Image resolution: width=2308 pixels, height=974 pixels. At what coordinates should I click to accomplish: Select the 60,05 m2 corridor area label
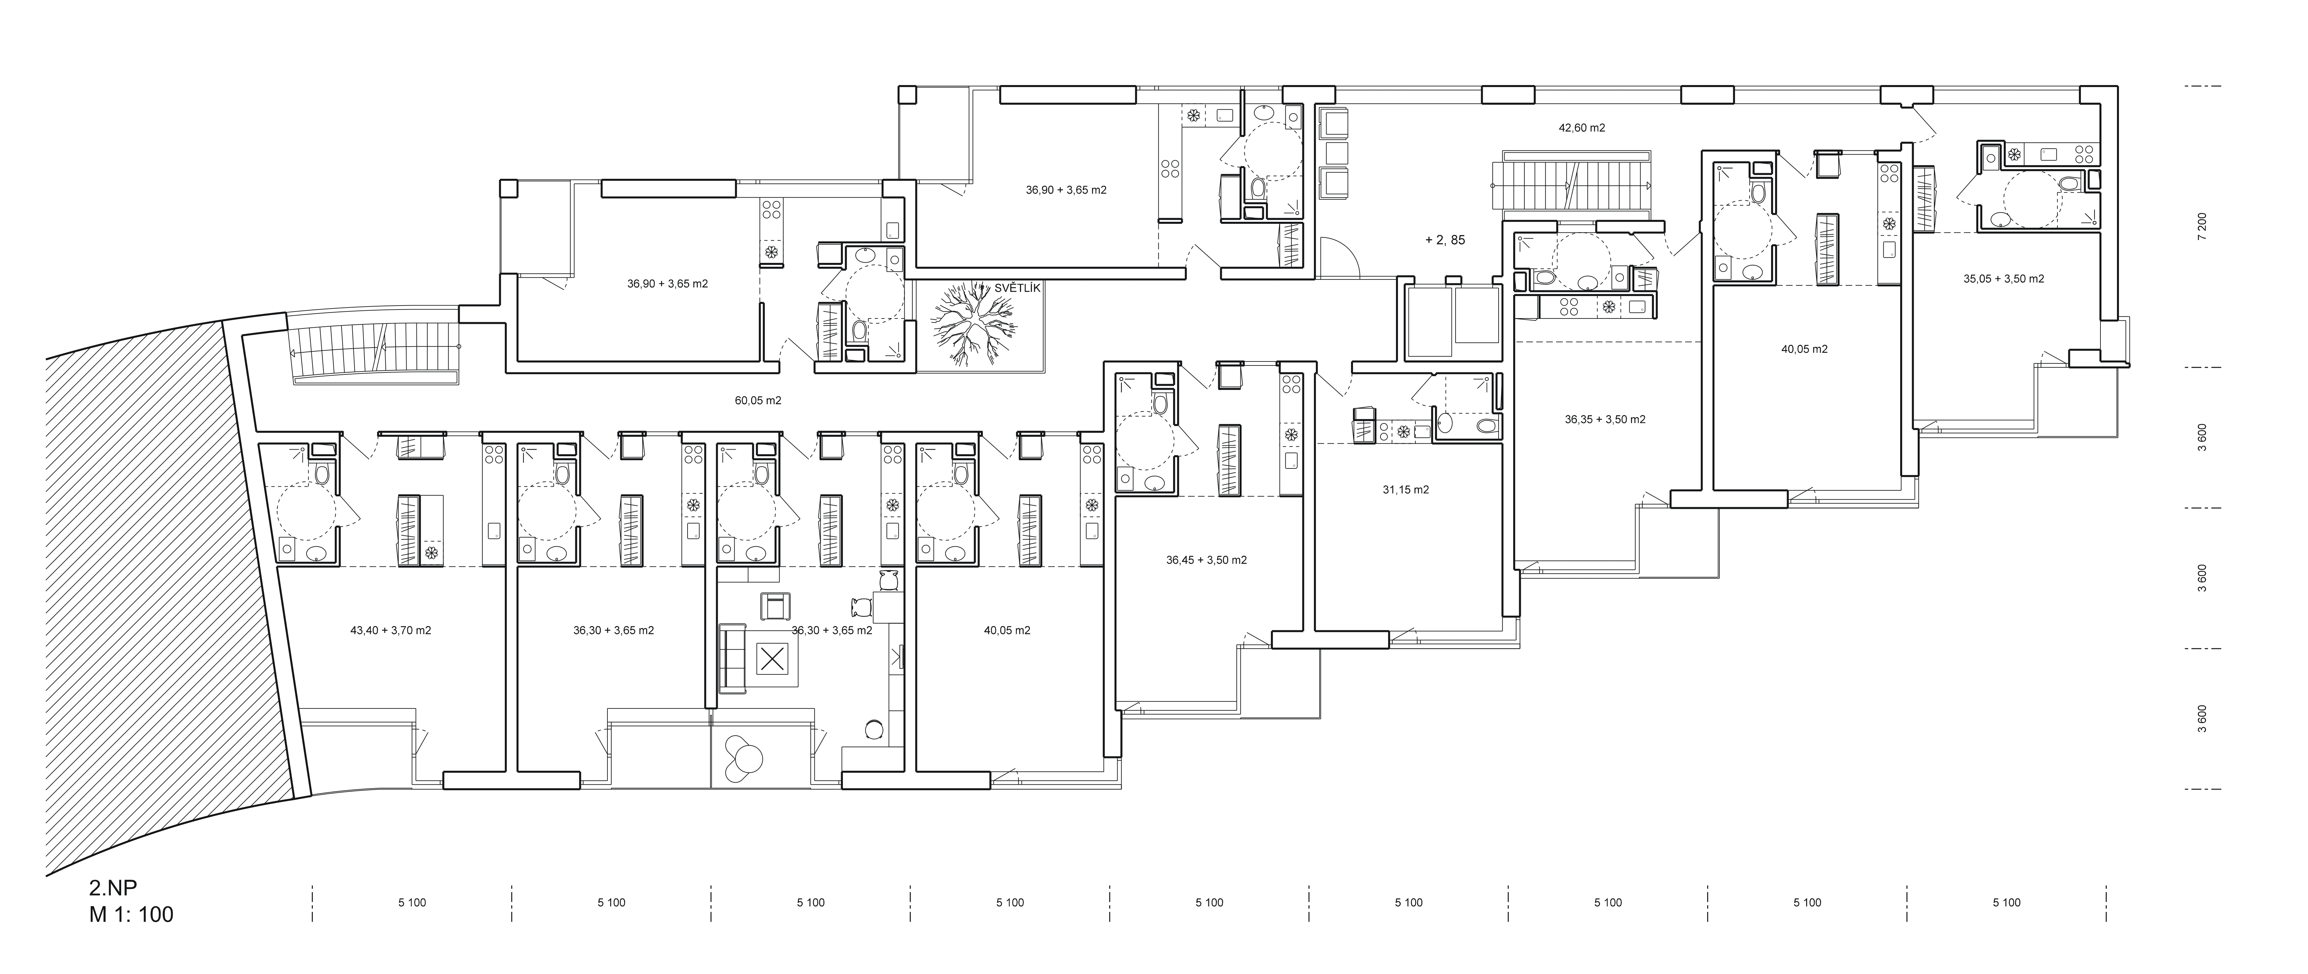point(758,401)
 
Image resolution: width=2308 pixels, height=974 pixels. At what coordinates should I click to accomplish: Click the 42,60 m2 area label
point(1581,128)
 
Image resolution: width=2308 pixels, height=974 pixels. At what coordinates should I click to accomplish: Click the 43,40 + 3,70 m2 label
point(391,630)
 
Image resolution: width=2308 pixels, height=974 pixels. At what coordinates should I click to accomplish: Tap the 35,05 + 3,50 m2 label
point(2003,279)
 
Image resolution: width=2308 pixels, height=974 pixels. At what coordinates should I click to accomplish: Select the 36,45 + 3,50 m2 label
point(1206,560)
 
